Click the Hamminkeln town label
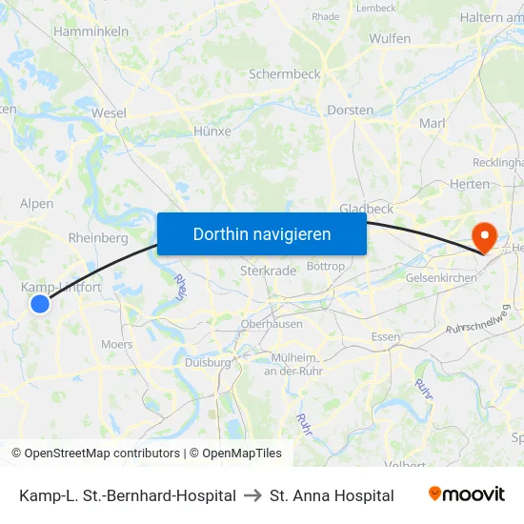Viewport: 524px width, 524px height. click(x=91, y=31)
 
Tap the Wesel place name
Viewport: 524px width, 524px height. click(x=109, y=112)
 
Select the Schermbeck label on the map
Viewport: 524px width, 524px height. click(x=284, y=73)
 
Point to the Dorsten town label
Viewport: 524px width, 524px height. click(x=350, y=110)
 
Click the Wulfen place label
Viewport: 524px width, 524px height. click(x=391, y=38)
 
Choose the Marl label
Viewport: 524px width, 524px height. click(x=433, y=123)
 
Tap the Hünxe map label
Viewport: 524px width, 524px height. click(x=212, y=131)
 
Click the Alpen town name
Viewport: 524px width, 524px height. click(x=37, y=203)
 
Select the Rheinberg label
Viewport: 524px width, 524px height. click(x=98, y=238)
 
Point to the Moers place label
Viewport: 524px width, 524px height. click(x=116, y=344)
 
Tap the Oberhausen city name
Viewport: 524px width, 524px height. click(x=272, y=324)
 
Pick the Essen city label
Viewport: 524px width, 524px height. click(x=385, y=337)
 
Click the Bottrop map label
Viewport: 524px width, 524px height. click(x=326, y=266)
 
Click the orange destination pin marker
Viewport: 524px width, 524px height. click(x=485, y=235)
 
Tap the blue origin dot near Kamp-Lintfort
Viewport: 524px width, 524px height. click(x=39, y=304)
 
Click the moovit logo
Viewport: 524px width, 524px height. click(x=467, y=494)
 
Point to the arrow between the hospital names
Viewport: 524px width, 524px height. click(x=252, y=495)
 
